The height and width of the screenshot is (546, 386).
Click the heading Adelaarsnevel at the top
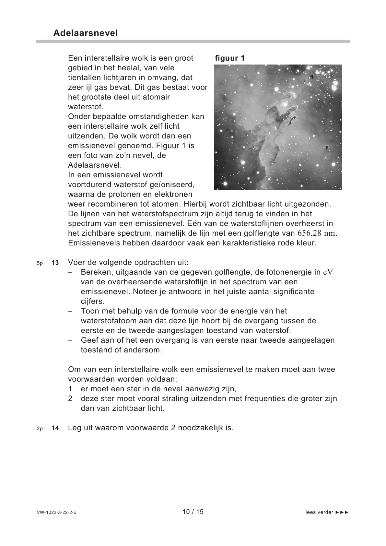pyautogui.click(x=85, y=33)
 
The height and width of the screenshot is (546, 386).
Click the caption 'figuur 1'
pyautogui.click(x=229, y=58)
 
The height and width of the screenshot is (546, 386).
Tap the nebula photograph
pyautogui.click(x=278, y=127)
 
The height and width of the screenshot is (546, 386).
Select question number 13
pyautogui.click(x=55, y=263)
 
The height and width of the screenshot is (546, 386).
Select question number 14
pyautogui.click(x=55, y=428)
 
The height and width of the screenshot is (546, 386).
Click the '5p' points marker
pyautogui.click(x=40, y=263)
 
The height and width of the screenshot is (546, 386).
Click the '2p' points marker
pyautogui.click(x=40, y=428)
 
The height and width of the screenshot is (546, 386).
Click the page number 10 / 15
pyautogui.click(x=193, y=512)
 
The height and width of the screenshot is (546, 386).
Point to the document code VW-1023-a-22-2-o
pyautogui.click(x=57, y=513)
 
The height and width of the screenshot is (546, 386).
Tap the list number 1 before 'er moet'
pyautogui.click(x=70, y=389)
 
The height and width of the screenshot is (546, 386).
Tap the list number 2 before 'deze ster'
pyautogui.click(x=70, y=398)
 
